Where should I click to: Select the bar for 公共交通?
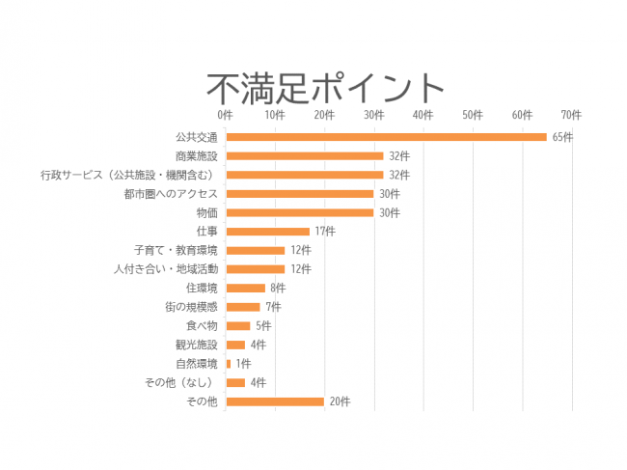(x=386, y=137)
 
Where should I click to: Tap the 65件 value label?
(x=562, y=137)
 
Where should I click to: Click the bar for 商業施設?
(x=305, y=156)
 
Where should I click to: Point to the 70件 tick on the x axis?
(x=571, y=115)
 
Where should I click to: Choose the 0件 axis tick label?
(x=226, y=115)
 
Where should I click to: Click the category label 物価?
(x=206, y=212)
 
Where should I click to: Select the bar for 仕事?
(x=267, y=232)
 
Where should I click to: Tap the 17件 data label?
(x=325, y=232)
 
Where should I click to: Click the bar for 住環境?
(x=245, y=288)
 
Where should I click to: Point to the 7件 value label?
(x=273, y=307)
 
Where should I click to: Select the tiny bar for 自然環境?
(x=229, y=364)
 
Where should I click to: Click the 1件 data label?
(x=243, y=364)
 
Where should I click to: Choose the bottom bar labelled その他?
(x=275, y=401)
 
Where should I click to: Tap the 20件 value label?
(x=340, y=401)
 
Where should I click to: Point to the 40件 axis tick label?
(x=423, y=115)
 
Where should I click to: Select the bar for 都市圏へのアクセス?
(x=299, y=194)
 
